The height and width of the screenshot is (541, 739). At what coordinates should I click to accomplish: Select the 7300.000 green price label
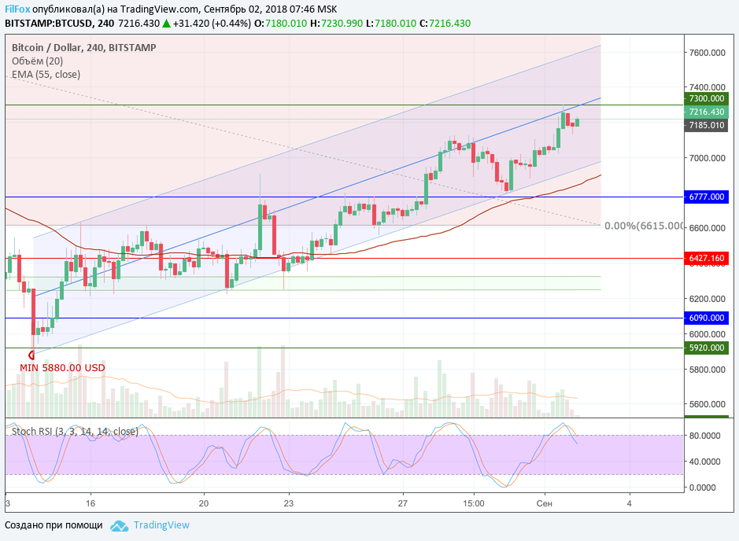(705, 98)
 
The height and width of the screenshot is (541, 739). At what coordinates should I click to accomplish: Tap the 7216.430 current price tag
(705, 112)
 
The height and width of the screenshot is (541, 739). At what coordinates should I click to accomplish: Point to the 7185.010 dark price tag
(705, 125)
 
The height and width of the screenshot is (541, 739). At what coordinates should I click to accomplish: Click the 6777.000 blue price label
(705, 197)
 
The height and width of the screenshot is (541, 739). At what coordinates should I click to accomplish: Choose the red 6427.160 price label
(705, 258)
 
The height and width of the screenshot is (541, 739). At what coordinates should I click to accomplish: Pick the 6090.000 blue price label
(705, 318)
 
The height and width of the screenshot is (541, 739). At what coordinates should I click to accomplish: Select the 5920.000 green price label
(705, 348)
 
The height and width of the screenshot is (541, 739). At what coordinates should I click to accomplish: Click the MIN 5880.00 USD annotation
(62, 367)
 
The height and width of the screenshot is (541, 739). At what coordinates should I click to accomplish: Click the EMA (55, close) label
(46, 75)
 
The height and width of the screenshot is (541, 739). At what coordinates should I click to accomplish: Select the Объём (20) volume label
(37, 61)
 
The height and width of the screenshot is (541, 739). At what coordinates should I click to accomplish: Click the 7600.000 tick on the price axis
(706, 53)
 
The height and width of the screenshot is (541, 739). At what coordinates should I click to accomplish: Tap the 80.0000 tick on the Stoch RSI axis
(705, 435)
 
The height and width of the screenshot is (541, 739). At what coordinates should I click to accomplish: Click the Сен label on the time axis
(545, 503)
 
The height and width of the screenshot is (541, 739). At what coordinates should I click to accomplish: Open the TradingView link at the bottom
(161, 525)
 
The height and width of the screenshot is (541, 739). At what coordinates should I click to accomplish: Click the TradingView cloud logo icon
(119, 525)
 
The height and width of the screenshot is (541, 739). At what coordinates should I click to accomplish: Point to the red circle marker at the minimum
(31, 355)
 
